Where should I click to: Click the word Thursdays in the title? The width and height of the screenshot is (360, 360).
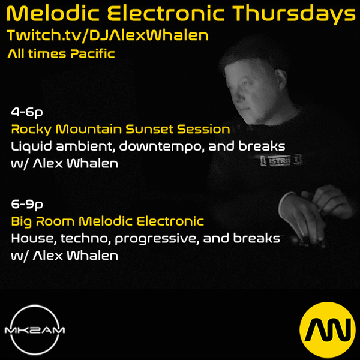pyautogui.click(x=294, y=14)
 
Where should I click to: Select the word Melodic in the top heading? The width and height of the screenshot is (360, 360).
pyautogui.click(x=53, y=13)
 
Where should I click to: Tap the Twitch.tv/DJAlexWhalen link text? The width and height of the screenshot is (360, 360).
pyautogui.click(x=107, y=35)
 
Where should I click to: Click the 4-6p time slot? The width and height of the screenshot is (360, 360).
pyautogui.click(x=27, y=113)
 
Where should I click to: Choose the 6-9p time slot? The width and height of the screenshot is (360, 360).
pyautogui.click(x=27, y=205)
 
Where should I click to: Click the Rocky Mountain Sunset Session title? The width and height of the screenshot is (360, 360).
pyautogui.click(x=121, y=129)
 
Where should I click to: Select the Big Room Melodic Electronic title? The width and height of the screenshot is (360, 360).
pyautogui.click(x=107, y=221)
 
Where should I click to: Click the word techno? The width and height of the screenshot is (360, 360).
pyautogui.click(x=84, y=239)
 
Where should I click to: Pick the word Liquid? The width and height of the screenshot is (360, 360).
pyautogui.click(x=31, y=147)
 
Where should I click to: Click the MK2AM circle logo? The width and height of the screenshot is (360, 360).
pyautogui.click(x=35, y=330)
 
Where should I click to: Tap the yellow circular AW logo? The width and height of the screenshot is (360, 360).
pyautogui.click(x=328, y=330)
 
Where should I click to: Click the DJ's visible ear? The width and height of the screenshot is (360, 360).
pyautogui.click(x=281, y=79)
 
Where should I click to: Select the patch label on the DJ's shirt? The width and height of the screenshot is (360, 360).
pyautogui.click(x=281, y=161)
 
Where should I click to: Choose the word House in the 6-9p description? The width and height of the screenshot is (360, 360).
pyautogui.click(x=34, y=239)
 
